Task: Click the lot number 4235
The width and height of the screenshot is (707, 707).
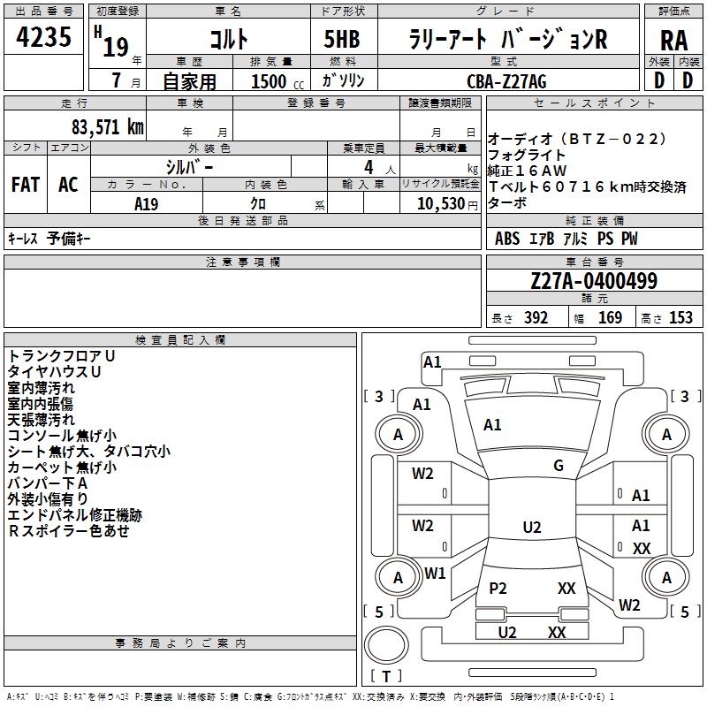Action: (x=44, y=37)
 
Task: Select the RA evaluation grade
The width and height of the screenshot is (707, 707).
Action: (x=673, y=39)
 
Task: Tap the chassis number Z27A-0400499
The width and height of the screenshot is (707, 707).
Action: (x=594, y=281)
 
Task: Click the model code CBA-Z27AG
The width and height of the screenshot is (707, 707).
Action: (x=506, y=80)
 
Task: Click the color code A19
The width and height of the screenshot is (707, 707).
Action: (x=147, y=203)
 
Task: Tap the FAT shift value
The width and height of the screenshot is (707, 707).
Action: (x=26, y=185)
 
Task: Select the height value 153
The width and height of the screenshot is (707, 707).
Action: (x=680, y=318)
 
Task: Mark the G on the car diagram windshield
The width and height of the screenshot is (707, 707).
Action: (x=558, y=466)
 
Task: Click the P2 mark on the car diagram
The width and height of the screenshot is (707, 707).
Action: (x=498, y=589)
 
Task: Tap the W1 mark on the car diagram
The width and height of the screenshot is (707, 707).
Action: (x=435, y=574)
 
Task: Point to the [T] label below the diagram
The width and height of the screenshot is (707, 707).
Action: (x=386, y=677)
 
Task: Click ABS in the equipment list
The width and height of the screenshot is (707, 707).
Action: (x=507, y=239)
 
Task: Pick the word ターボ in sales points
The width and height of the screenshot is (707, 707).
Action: (x=507, y=202)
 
